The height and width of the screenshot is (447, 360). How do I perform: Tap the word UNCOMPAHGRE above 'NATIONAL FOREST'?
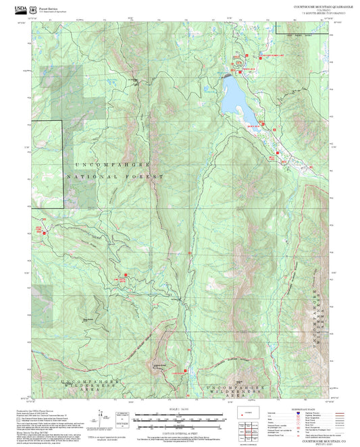point(111,164)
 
